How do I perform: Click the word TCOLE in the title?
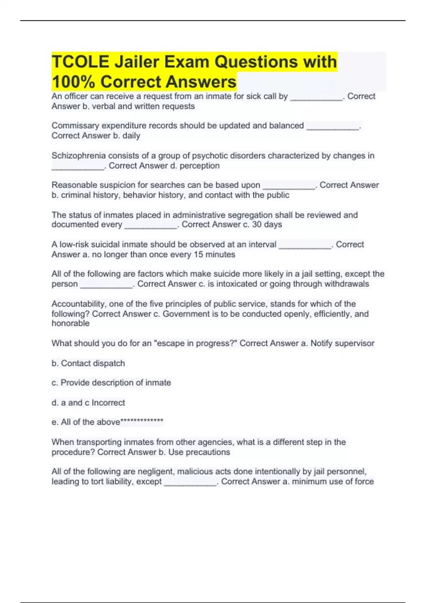(x=81, y=62)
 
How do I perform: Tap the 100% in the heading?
(x=73, y=82)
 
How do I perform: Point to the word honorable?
(x=70, y=323)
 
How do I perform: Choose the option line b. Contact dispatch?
(x=88, y=364)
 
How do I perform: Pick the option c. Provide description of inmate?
(x=111, y=383)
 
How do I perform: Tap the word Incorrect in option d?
(x=108, y=403)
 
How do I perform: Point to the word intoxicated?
(x=237, y=284)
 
